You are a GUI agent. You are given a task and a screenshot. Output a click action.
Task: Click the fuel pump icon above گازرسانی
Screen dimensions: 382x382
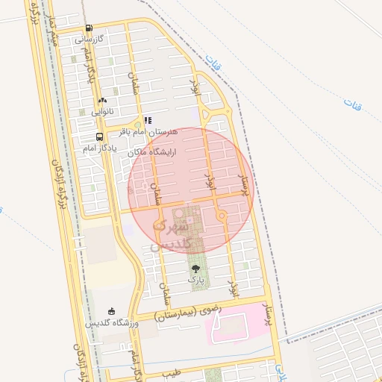(90, 28)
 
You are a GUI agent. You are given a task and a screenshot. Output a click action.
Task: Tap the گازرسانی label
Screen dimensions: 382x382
(89, 39)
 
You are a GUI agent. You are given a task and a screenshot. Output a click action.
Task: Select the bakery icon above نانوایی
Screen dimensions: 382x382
(102, 100)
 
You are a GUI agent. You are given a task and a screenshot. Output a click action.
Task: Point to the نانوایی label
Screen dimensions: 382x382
(102, 111)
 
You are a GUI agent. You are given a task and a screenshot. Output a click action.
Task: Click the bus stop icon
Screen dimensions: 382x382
(99, 137)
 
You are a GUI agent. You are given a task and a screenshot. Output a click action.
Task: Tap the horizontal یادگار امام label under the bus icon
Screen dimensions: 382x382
(99, 148)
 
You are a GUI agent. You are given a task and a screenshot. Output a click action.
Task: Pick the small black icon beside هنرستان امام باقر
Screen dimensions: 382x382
(148, 120)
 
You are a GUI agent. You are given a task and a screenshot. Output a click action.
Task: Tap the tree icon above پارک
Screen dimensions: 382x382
(195, 268)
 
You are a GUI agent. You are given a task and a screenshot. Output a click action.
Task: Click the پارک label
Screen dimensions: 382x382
(195, 279)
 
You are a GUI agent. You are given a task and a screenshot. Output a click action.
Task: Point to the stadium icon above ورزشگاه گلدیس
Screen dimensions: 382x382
(112, 311)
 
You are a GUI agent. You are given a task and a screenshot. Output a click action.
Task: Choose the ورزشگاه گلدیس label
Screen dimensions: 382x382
(112, 323)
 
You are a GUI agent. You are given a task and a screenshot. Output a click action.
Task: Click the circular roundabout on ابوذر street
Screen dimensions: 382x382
(222, 216)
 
